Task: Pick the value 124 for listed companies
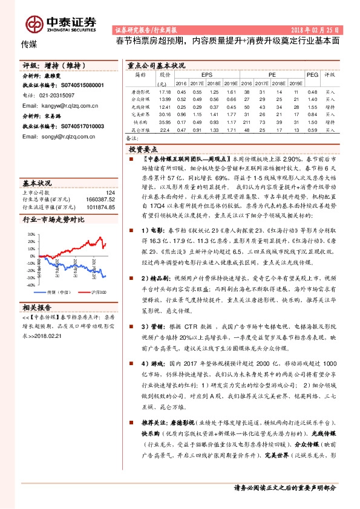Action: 110,192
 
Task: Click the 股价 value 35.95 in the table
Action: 163,122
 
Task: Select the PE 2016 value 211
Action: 247,122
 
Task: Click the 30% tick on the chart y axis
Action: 30,233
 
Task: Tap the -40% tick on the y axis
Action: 30,284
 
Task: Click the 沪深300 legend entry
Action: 97,292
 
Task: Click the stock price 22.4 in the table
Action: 163,129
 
